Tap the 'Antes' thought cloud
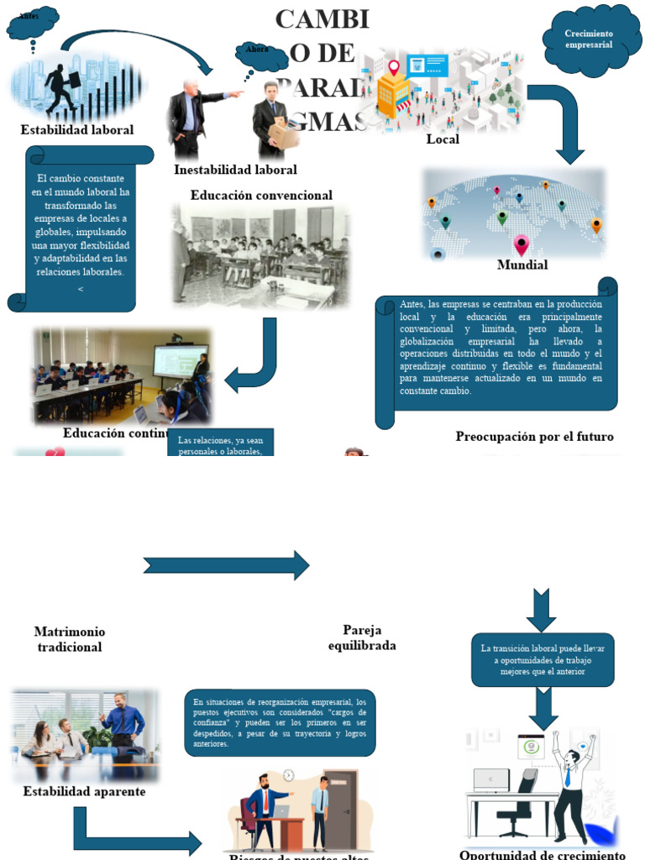(x=32, y=22)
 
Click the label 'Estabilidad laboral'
(x=76, y=130)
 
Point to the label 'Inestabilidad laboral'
(x=235, y=170)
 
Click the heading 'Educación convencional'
(x=261, y=196)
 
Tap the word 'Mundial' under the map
(x=522, y=265)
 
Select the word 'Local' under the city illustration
(x=443, y=139)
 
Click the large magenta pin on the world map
(x=522, y=245)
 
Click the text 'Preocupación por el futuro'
(x=534, y=437)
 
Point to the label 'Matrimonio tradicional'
(x=70, y=639)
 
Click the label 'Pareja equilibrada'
(x=362, y=637)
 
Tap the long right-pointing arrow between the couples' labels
(x=227, y=565)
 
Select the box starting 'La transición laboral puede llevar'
(x=542, y=660)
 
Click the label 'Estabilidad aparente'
(x=84, y=792)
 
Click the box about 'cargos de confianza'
(x=280, y=722)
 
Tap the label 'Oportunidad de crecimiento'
(x=543, y=854)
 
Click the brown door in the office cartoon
(x=343, y=806)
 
